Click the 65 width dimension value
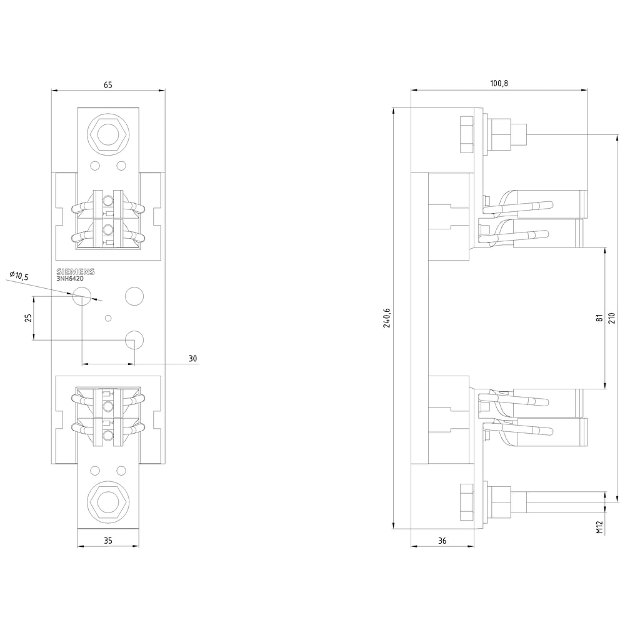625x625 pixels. coord(108,84)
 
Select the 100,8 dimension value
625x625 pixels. coord(499,84)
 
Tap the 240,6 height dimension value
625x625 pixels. coord(387,317)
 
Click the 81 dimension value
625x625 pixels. coord(599,317)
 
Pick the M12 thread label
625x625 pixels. coord(599,527)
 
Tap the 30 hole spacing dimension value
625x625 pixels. coord(192,359)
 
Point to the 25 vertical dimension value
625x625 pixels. coord(27,318)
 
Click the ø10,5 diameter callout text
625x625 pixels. coord(21,276)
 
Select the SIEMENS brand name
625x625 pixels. coord(76,272)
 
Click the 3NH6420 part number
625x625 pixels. coord(70,279)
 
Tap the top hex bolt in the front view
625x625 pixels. coord(108,134)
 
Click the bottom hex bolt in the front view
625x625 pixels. coord(108,501)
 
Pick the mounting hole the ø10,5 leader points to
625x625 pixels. coord(82,297)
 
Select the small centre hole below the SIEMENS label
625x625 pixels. coord(108,319)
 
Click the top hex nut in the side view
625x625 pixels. coord(466,134)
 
